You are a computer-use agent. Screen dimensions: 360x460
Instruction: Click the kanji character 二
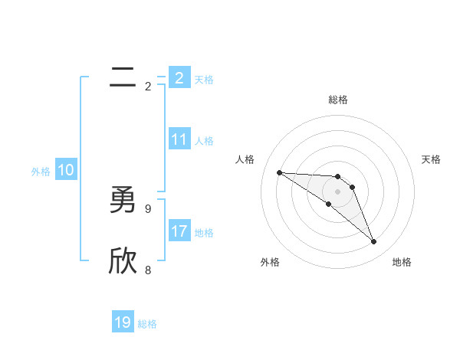123,77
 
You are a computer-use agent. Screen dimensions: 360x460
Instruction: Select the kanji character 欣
123,262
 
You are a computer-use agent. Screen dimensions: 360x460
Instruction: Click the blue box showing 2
179,78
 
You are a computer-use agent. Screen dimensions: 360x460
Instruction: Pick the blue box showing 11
179,139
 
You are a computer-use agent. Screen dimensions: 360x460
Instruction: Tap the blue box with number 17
179,231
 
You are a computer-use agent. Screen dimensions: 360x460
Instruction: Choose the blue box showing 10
66,170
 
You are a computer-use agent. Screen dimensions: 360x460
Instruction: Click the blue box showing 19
123,322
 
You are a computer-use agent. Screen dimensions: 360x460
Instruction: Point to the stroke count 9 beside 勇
148,208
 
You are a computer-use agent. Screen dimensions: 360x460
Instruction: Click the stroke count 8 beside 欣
148,270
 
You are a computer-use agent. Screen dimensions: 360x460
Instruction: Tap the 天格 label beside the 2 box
204,80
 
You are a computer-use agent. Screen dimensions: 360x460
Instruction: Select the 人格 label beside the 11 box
204,141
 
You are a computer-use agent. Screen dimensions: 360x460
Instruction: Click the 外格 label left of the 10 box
41,172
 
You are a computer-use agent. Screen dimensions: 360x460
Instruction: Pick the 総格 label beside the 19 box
147,324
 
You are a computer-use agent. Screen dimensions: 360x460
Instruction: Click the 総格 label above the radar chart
338,100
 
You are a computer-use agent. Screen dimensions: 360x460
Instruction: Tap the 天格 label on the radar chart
432,159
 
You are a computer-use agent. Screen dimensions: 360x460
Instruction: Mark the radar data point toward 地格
373,242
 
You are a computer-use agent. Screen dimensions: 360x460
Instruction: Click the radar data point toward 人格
279,172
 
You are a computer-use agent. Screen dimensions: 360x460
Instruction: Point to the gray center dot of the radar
338,191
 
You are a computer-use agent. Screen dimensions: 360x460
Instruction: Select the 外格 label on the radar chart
270,262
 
